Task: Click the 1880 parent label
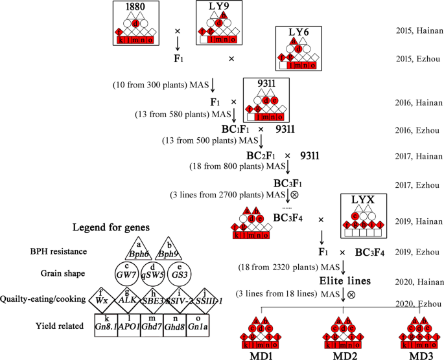pos(135,6)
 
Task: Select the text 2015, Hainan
pos(419,30)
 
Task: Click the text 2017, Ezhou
pos(419,185)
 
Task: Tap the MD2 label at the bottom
pos(342,354)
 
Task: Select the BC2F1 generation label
pos(263,156)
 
